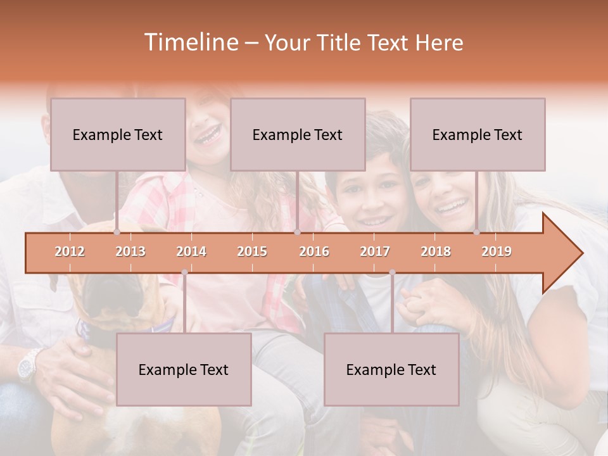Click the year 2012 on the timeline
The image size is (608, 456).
[x=70, y=251]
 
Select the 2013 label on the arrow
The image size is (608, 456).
[x=130, y=251]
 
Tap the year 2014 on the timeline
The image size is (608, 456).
[x=191, y=251]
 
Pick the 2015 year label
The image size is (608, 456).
[x=252, y=251]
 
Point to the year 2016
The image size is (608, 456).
[x=314, y=251]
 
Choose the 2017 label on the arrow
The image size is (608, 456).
[x=375, y=251]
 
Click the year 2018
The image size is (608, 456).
[x=436, y=251]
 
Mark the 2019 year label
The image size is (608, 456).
[x=497, y=251]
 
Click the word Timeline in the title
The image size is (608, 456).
[x=189, y=42]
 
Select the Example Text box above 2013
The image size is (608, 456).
[x=118, y=134]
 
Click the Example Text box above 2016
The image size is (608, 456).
[x=298, y=134]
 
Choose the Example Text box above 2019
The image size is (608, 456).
[x=478, y=134]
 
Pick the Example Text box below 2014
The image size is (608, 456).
[x=184, y=369]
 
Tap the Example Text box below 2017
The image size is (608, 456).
[x=391, y=369]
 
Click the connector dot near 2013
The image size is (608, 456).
[x=117, y=232]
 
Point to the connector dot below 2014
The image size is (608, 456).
[x=184, y=272]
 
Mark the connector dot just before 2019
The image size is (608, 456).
[x=476, y=232]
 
